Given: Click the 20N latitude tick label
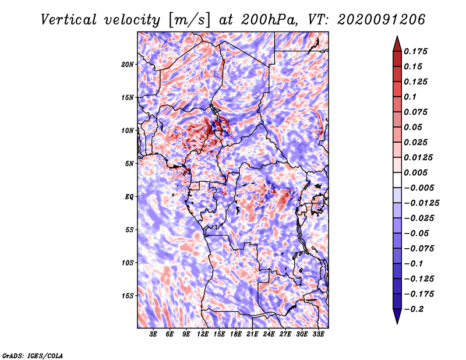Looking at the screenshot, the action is pyautogui.click(x=127, y=64).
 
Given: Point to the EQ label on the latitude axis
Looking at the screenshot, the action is pyautogui.click(x=129, y=197).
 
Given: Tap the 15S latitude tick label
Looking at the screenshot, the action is pyautogui.click(x=127, y=296).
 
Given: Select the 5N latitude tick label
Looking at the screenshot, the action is pyautogui.click(x=129, y=164).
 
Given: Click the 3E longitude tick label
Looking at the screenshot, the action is pyautogui.click(x=153, y=334).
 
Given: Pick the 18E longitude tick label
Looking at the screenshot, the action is pyautogui.click(x=236, y=334).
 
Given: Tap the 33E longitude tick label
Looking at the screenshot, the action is pyautogui.click(x=318, y=334).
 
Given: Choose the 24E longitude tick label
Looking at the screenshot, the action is pyautogui.click(x=269, y=334).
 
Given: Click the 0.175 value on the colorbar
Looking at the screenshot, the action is pyautogui.click(x=415, y=51).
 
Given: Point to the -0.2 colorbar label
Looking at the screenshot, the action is pyautogui.click(x=414, y=309).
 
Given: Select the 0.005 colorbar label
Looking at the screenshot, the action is pyautogui.click(x=415, y=172).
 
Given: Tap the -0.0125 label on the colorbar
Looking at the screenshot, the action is pyautogui.click(x=421, y=203).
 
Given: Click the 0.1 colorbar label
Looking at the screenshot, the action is pyautogui.click(x=410, y=97).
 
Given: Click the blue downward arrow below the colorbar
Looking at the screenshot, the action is pyautogui.click(x=397, y=316).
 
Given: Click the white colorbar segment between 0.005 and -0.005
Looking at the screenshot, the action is pyautogui.click(x=397, y=180).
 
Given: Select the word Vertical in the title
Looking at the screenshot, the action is pyautogui.click(x=69, y=20).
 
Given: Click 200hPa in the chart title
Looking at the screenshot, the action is pyautogui.click(x=269, y=20).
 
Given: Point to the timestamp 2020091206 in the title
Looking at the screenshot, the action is pyautogui.click(x=382, y=20).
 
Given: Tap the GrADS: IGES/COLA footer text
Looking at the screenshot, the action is pyautogui.click(x=33, y=355).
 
